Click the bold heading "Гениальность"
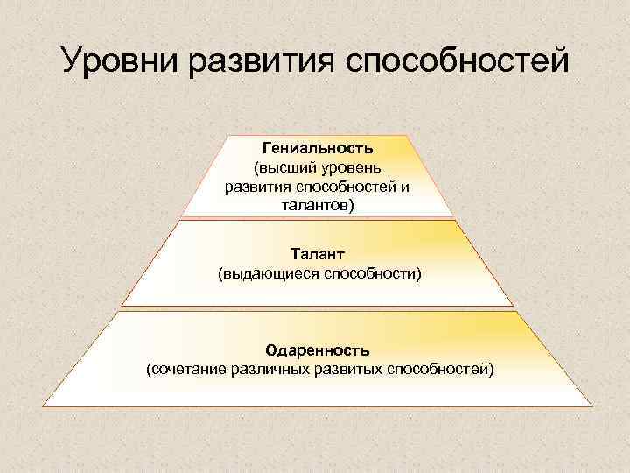[317, 146]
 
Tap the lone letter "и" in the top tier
[404, 187]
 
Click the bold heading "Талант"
[318, 254]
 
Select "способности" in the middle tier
[372, 274]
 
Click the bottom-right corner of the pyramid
[592, 406]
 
